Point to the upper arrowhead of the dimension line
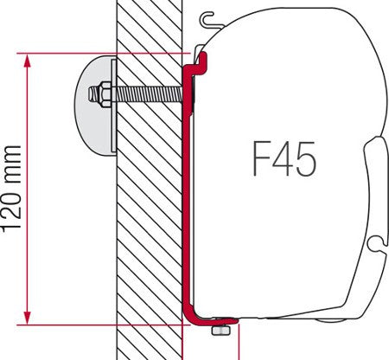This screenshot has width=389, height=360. tap(30, 59)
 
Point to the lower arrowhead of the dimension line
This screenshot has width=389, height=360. tap(30, 318)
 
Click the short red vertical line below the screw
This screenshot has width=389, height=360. tap(236, 349)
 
